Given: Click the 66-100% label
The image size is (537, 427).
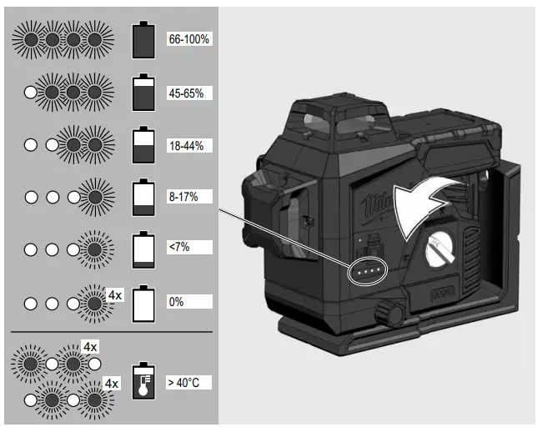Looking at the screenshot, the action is click(188, 39).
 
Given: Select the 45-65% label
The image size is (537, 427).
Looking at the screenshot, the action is click(186, 93).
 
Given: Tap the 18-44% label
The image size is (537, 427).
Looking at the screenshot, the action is click(186, 146).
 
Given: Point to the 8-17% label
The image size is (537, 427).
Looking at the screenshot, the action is click(183, 197).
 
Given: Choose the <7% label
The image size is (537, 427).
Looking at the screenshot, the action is click(179, 247).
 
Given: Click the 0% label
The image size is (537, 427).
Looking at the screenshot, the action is click(177, 302).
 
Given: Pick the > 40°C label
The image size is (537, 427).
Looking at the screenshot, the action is click(184, 383).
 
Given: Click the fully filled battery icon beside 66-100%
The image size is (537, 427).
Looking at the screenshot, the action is click(143, 40).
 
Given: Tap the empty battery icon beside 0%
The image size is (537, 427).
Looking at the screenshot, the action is click(143, 304).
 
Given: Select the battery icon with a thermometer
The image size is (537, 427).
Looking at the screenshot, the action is click(143, 381).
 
